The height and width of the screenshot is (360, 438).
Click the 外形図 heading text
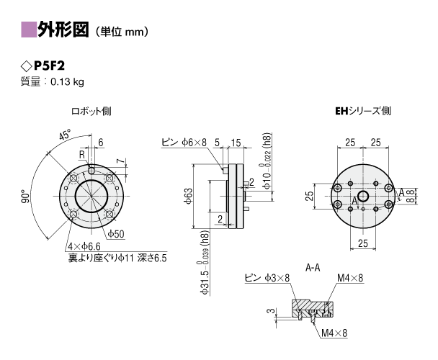[63, 30]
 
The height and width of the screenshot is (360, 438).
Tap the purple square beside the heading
[29, 30]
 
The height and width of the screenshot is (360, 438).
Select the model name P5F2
[49, 66]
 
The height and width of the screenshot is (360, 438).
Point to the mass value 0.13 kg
[67, 82]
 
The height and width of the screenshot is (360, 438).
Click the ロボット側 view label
[91, 111]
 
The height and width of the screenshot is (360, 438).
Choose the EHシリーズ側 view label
[363, 111]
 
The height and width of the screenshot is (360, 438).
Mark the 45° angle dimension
[65, 135]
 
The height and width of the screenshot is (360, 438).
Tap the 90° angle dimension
[26, 197]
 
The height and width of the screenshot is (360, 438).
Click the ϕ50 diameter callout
[116, 234]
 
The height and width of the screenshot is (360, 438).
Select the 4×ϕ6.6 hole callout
[84, 247]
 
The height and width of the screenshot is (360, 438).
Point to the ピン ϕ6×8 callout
[184, 142]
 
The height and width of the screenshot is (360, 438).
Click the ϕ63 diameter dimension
[188, 196]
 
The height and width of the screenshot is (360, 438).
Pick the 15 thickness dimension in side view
[236, 143]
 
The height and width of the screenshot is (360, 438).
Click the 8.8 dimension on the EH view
[409, 196]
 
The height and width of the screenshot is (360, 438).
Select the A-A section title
[313, 268]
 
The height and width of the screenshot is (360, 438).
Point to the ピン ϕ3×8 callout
[267, 278]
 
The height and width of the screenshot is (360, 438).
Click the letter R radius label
[82, 155]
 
